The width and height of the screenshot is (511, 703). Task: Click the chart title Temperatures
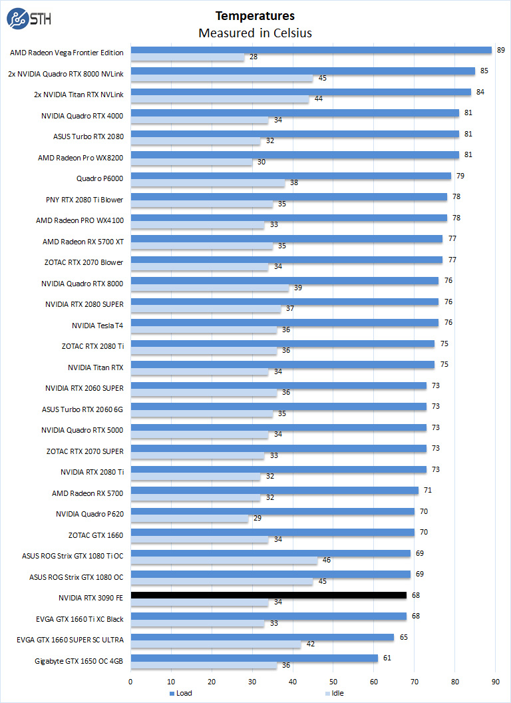(255, 15)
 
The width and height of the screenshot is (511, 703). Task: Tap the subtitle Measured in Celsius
(255, 33)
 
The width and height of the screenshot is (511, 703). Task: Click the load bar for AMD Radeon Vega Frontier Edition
(311, 50)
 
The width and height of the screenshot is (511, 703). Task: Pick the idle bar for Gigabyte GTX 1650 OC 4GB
(204, 665)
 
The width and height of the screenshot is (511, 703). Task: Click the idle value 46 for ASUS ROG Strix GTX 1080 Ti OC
(326, 561)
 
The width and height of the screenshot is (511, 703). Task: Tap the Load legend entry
(180, 693)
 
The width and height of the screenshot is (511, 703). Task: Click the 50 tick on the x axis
(334, 681)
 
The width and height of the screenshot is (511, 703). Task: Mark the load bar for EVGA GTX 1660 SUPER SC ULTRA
(262, 637)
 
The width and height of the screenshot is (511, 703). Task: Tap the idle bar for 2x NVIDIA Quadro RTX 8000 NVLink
(222, 79)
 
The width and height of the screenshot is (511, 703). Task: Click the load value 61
(387, 658)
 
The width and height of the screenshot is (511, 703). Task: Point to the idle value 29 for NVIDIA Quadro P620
(257, 519)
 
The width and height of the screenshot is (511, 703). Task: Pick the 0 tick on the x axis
(130, 681)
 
